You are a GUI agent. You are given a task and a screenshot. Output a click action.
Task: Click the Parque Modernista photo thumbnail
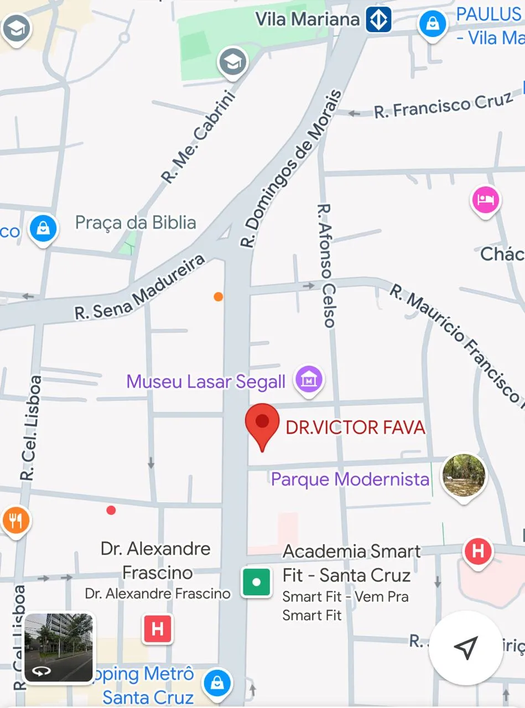(464, 475)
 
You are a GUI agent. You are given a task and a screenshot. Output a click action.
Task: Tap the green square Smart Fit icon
(256, 582)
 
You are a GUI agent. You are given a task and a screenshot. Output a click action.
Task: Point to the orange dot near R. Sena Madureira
(219, 296)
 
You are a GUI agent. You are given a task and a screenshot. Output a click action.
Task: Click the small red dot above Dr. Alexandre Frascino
(111, 510)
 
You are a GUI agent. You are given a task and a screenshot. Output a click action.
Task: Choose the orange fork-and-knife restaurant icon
(15, 520)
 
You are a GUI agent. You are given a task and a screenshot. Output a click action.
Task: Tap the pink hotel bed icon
(485, 200)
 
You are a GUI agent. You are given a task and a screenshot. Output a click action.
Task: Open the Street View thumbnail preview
(59, 648)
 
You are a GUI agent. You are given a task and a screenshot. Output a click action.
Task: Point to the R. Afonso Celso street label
(326, 265)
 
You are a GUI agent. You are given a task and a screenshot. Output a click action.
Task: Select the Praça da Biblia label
(136, 223)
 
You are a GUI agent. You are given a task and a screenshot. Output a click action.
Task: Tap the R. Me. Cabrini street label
(199, 137)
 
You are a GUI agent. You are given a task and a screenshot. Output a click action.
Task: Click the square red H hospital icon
(158, 629)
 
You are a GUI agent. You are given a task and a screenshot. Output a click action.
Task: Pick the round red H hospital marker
(478, 551)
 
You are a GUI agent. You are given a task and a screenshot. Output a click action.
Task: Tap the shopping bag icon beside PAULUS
(433, 23)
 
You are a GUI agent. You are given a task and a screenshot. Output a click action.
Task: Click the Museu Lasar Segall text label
(206, 381)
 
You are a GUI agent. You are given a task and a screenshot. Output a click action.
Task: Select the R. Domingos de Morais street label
(291, 168)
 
